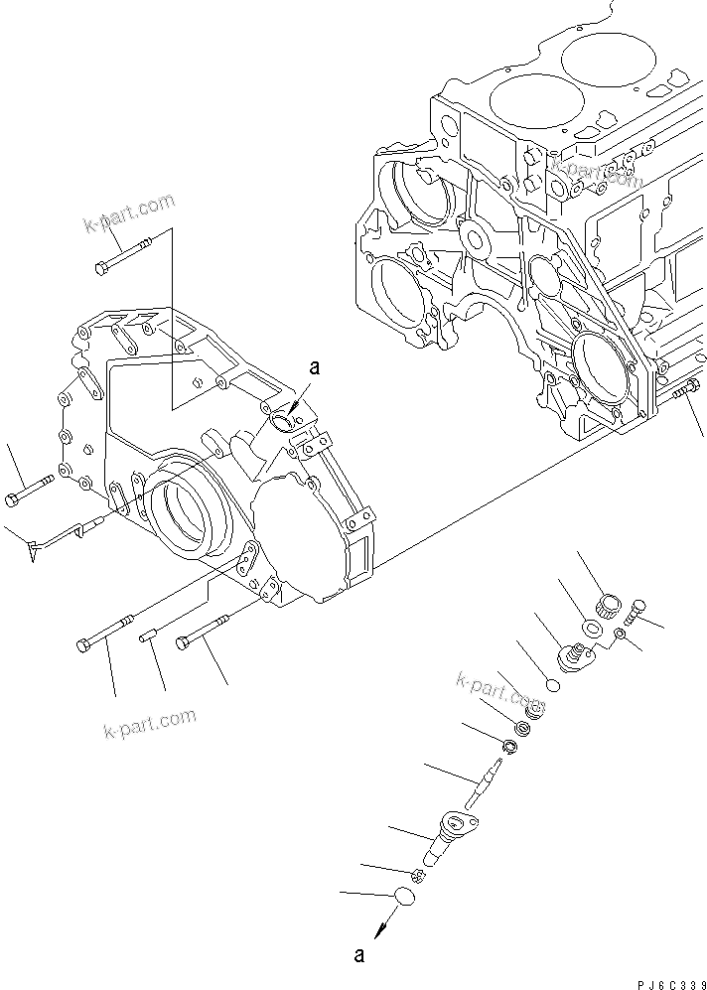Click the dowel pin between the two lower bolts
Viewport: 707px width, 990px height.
point(155,636)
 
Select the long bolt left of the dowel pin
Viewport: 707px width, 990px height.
point(104,636)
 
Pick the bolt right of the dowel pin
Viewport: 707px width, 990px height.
point(202,634)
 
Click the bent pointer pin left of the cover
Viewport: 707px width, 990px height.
point(65,533)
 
